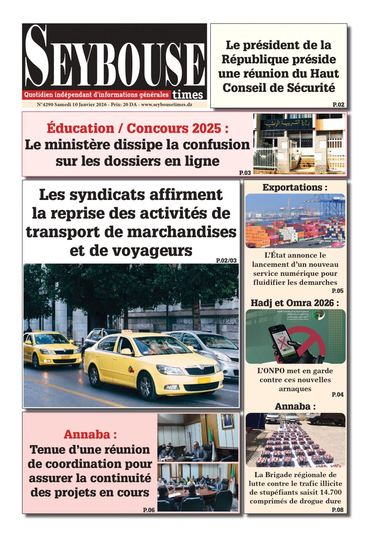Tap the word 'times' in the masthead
pos(188,95)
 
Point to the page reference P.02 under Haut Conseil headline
pos(338,104)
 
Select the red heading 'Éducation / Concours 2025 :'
pos(137,128)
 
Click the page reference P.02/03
pos(226,260)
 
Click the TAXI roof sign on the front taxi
pos(127,331)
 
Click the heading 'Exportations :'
pos(295,187)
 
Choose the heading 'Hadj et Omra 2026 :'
pos(295,303)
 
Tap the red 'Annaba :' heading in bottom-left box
pos(90,434)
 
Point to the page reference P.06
pos(149,510)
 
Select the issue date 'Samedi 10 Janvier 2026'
pos(80,104)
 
